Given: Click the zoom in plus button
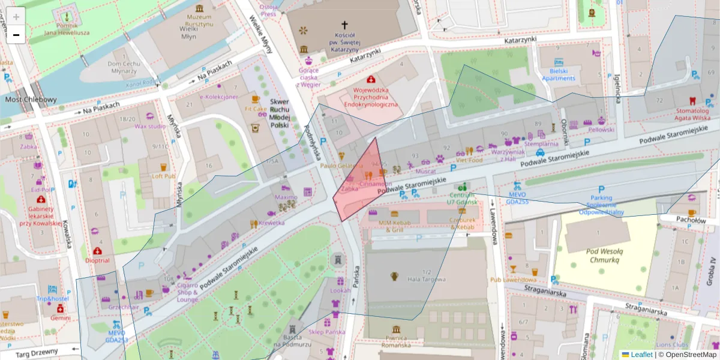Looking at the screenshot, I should [x=16, y=17].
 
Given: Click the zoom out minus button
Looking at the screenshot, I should [x=16, y=35].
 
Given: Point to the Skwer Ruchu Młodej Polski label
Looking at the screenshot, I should [x=279, y=113].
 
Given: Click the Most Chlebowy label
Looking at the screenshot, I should [x=31, y=100].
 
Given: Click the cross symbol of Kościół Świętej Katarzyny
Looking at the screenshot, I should [x=344, y=25].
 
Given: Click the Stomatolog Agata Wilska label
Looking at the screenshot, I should [x=693, y=114].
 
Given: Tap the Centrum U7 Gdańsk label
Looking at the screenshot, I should [x=461, y=199].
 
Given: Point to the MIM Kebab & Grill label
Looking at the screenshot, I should [x=394, y=226].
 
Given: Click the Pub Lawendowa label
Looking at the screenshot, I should [x=512, y=280].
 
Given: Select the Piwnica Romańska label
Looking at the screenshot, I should [x=396, y=343].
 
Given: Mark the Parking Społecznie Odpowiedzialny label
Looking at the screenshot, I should [x=601, y=205].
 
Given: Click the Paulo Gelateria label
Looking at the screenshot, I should [x=341, y=166].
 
